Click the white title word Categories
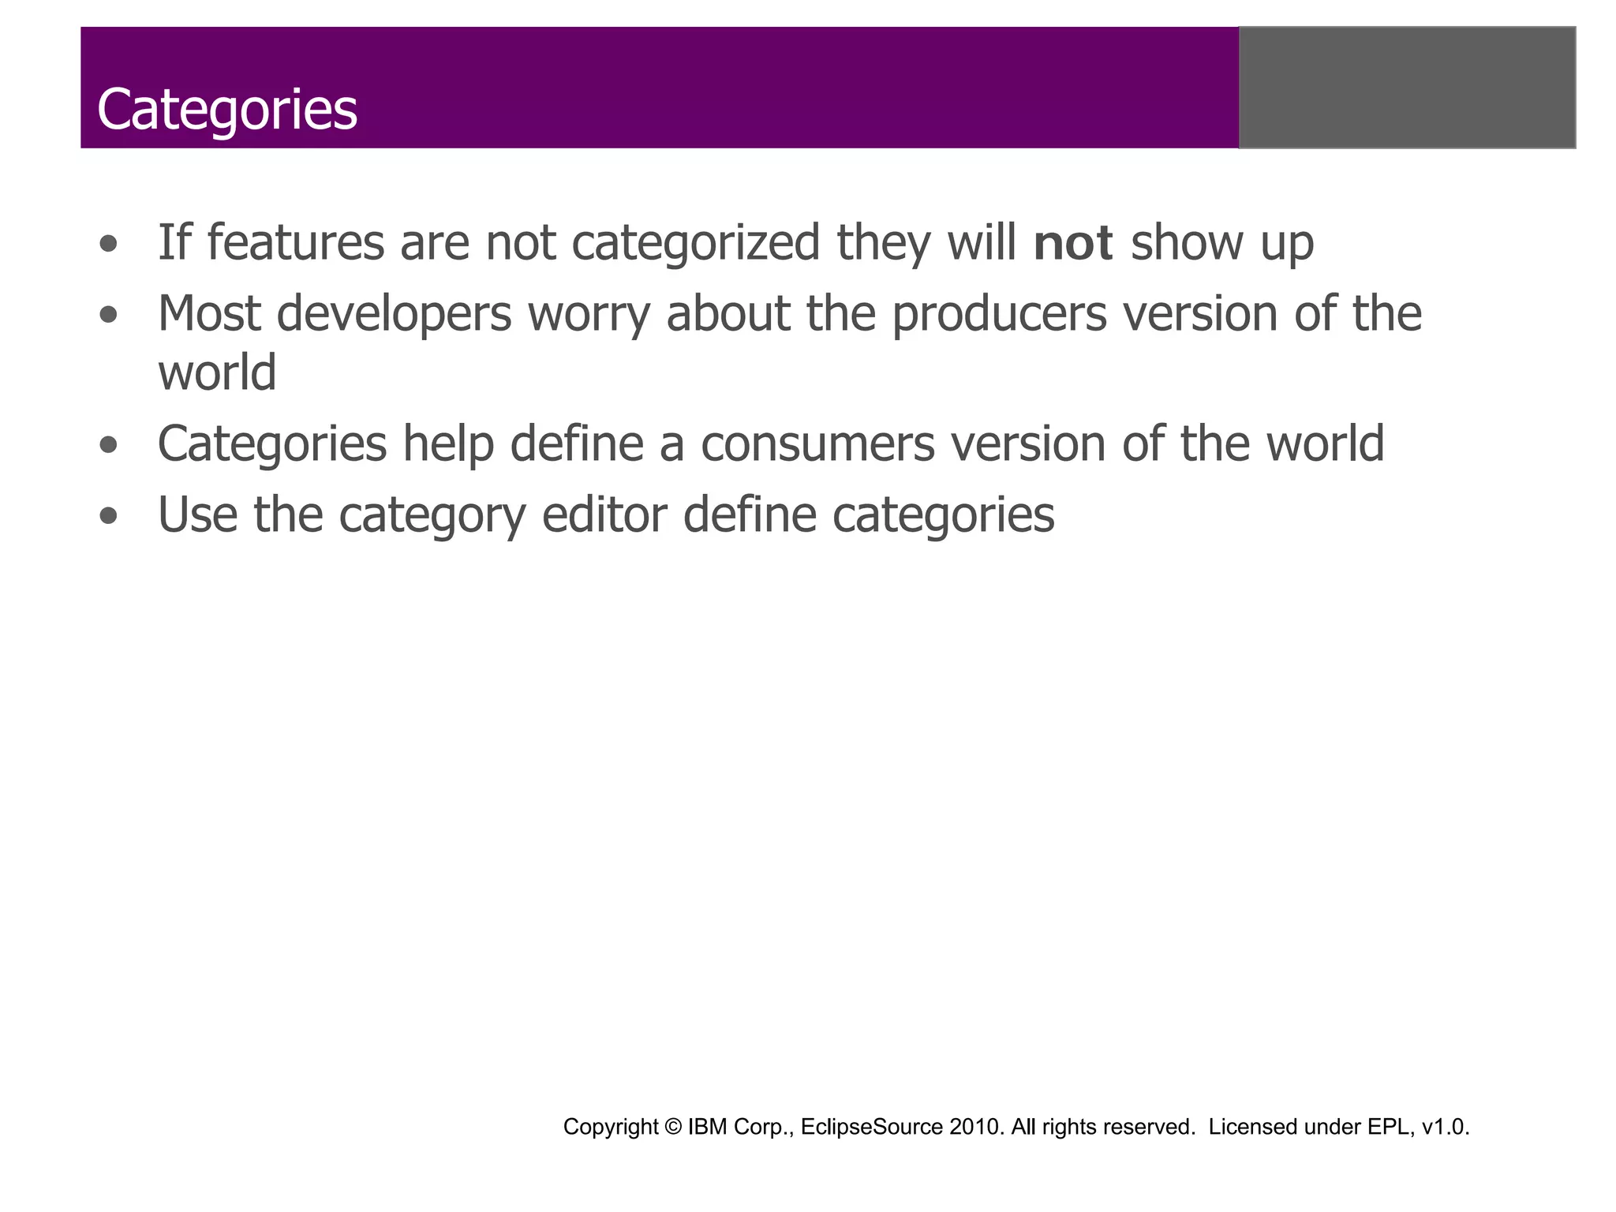[x=227, y=110]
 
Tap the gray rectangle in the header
[x=1407, y=88]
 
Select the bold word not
[x=1073, y=242]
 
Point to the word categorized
[x=696, y=244]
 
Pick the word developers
[x=394, y=315]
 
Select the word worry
[x=589, y=315]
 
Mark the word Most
[x=209, y=313]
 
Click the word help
[x=448, y=443]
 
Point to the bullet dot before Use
[x=109, y=517]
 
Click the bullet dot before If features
[x=109, y=244]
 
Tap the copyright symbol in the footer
[x=673, y=1127]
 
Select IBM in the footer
[x=707, y=1127]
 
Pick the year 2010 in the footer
[x=976, y=1127]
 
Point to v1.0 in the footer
[x=1445, y=1127]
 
